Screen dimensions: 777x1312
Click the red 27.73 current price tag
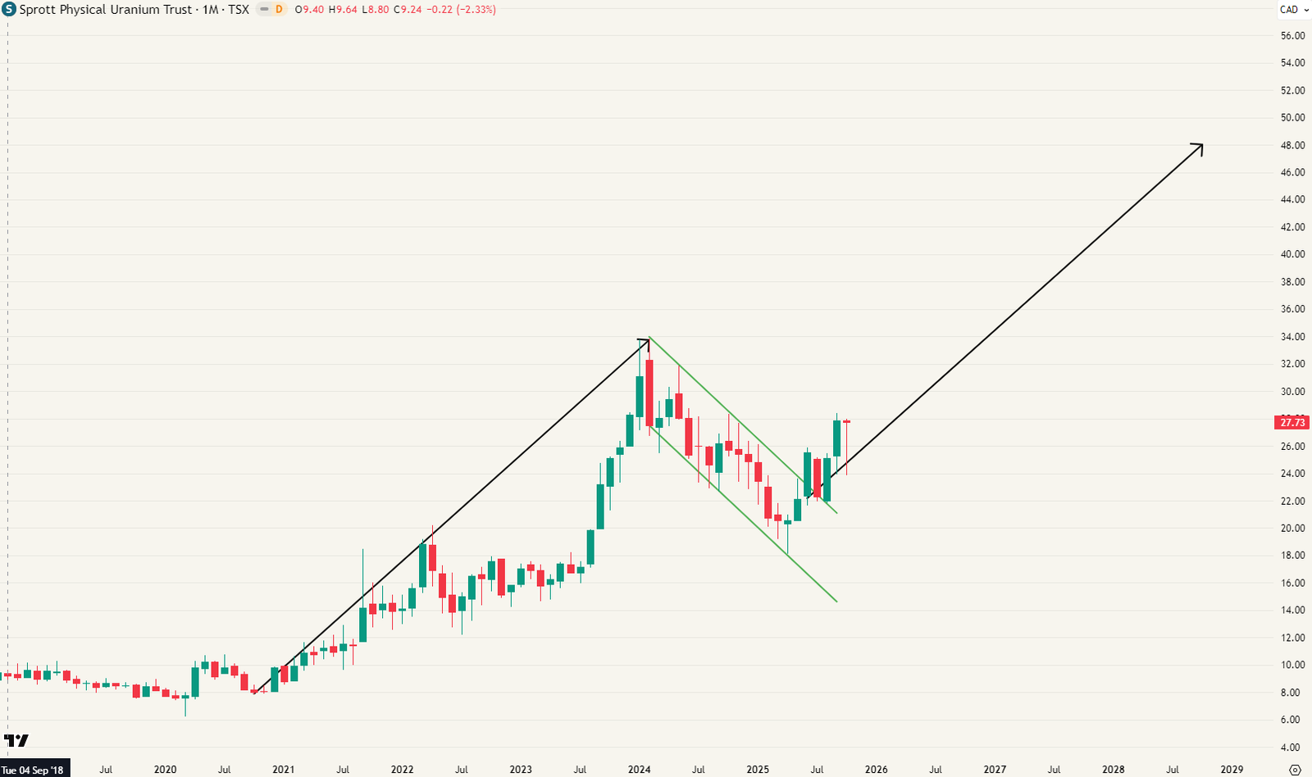tap(1292, 422)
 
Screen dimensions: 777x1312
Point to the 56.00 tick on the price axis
tap(1292, 36)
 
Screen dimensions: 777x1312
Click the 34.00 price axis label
tap(1292, 337)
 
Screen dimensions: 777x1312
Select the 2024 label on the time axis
tap(639, 770)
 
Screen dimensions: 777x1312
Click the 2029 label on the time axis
tap(1232, 770)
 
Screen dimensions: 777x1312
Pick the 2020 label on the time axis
tap(165, 770)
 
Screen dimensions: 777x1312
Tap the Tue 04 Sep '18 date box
tap(34, 770)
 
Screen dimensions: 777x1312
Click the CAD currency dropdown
tap(1292, 10)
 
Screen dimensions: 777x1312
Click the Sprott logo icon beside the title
tap(9, 10)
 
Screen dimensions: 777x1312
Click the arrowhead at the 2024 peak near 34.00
tap(646, 340)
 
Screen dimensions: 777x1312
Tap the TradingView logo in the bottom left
tap(16, 740)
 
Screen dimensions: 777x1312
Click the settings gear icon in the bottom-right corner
tap(1295, 770)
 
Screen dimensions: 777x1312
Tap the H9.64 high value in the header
tap(343, 10)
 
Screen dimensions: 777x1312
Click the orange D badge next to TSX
tap(279, 10)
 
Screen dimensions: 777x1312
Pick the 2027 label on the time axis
tap(995, 770)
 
